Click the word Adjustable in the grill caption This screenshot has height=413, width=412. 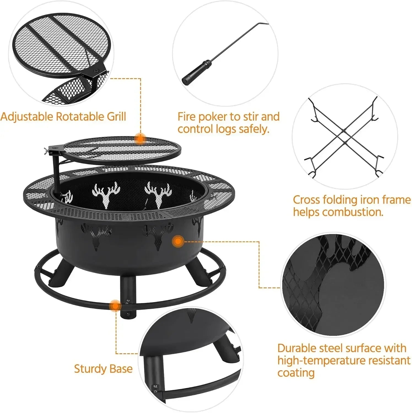point(27,116)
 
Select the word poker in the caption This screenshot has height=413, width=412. point(212,117)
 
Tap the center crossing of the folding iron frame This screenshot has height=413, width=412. point(344,137)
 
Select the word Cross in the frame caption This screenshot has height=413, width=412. point(306,200)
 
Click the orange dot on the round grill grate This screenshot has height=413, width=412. point(141,139)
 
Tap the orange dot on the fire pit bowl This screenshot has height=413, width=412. point(178,241)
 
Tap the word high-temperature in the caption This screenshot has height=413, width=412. point(320,360)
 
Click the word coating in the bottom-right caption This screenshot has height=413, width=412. point(296,373)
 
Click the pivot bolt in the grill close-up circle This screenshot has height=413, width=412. point(96,70)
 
